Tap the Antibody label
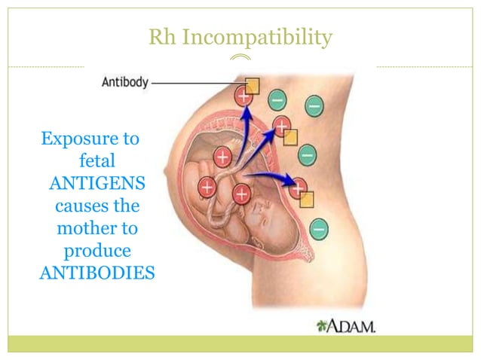[125, 84]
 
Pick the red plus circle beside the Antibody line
[244, 96]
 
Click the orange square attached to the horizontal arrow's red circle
[306, 199]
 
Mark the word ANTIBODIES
[97, 270]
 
